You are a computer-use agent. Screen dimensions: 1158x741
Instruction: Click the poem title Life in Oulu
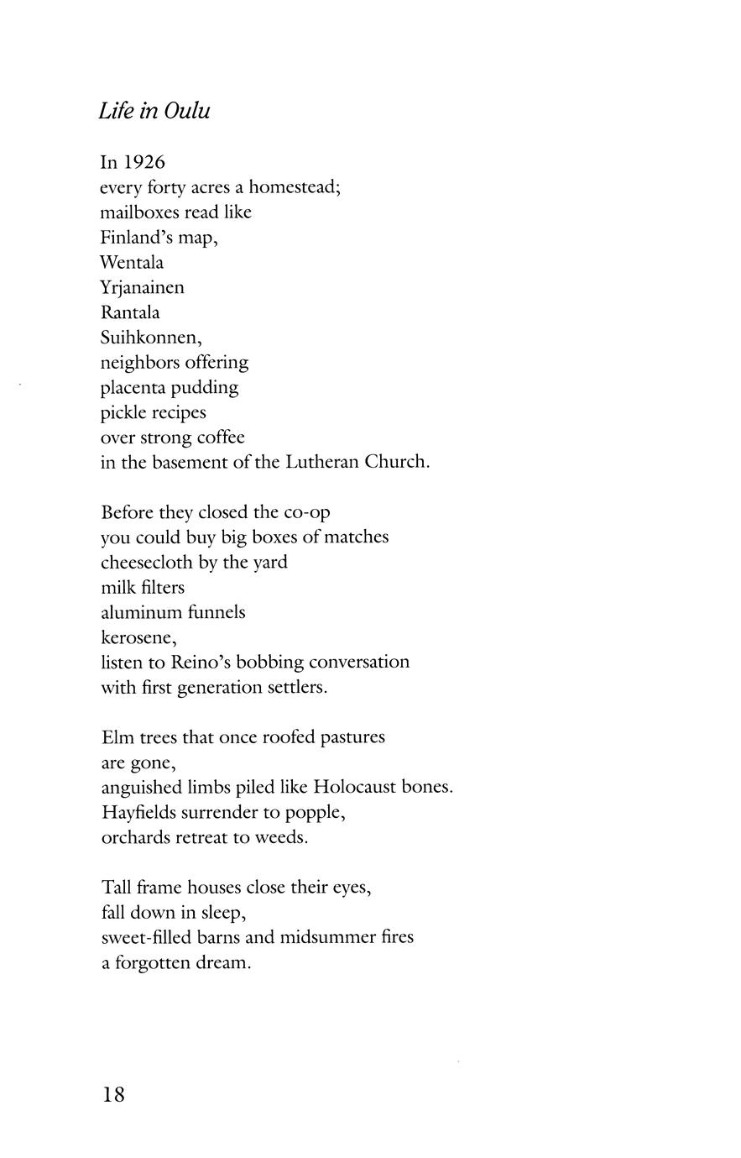(x=154, y=111)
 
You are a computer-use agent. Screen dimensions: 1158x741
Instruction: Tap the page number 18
(x=113, y=1094)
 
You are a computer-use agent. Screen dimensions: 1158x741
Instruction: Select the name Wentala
(x=132, y=262)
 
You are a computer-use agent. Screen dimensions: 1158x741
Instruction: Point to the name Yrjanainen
(x=142, y=288)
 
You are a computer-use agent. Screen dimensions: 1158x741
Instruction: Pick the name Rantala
(x=130, y=312)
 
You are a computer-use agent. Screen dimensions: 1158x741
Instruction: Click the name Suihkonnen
(x=150, y=338)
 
